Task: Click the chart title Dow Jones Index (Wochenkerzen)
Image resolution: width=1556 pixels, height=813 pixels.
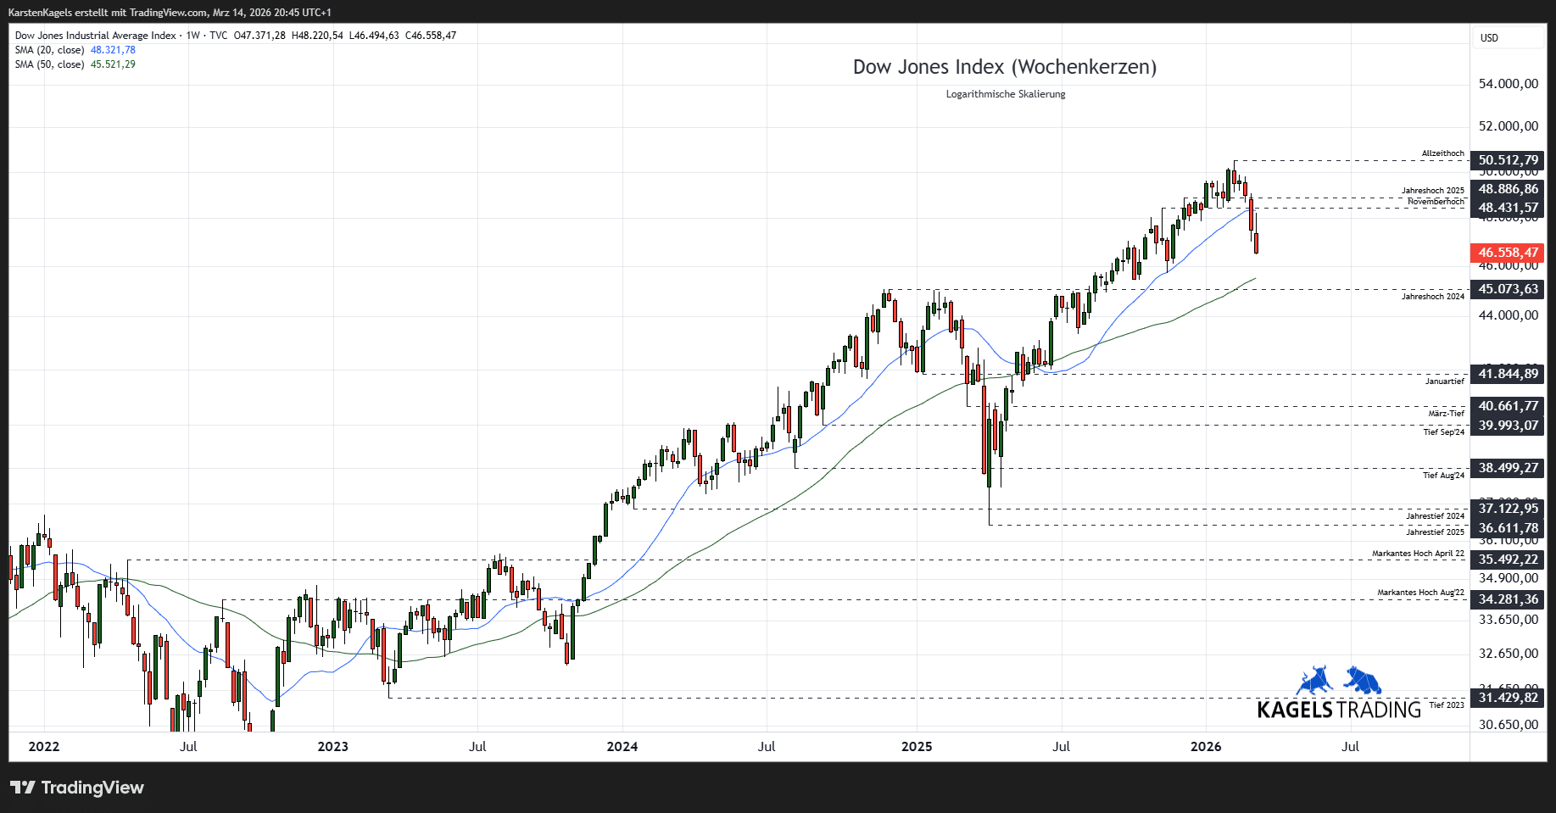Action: tap(1004, 67)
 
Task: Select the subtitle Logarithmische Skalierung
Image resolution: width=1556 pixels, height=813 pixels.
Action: tap(1005, 94)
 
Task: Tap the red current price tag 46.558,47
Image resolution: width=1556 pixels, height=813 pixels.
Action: tap(1507, 253)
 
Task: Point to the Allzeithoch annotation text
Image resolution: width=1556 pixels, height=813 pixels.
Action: tap(1442, 153)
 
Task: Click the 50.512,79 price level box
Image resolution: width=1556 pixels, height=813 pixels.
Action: tap(1507, 160)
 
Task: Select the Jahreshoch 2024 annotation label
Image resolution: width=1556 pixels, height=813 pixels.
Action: tap(1432, 297)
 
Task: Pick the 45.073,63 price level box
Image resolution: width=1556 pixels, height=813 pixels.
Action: tap(1507, 289)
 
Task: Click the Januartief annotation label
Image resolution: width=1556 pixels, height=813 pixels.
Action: tap(1444, 381)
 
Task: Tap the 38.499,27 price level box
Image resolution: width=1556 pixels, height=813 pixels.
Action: tap(1507, 468)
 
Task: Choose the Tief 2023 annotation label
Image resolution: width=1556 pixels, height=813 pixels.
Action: tap(1446, 705)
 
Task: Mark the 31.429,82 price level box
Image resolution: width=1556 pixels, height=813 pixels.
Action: tap(1507, 698)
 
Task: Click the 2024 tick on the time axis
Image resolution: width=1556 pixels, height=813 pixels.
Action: tap(622, 747)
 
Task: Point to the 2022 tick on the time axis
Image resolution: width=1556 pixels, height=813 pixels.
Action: tap(44, 747)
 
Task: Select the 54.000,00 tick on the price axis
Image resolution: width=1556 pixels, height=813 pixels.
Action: tap(1508, 84)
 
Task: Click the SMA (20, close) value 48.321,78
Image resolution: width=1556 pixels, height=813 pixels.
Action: tap(113, 50)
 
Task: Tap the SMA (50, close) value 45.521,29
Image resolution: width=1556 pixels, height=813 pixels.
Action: tap(113, 64)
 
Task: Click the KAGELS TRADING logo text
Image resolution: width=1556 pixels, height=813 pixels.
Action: tap(1338, 710)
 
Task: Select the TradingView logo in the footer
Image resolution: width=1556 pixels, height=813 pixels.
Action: tap(77, 788)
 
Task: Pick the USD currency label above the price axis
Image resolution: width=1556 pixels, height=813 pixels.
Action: tap(1489, 38)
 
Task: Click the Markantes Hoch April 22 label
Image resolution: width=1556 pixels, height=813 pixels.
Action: tap(1418, 554)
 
